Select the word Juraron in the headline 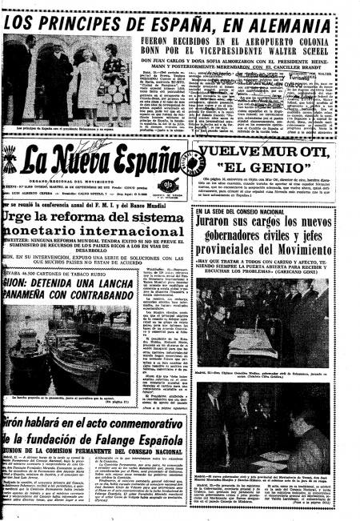click(x=224, y=219)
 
